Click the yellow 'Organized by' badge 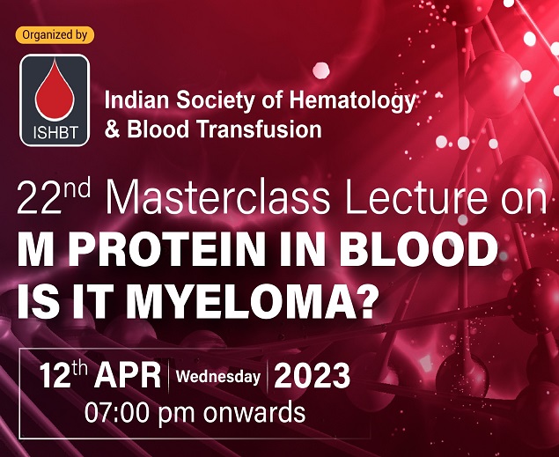55,35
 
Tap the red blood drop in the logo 55,90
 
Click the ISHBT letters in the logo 55,133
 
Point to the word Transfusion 260,129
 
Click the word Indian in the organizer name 137,100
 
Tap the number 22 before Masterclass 38,200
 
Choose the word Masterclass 217,198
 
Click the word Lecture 416,198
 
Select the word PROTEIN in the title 166,248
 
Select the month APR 128,375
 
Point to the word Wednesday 218,377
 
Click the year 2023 312,375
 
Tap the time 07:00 118,412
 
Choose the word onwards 254,412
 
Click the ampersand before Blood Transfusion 113,129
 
